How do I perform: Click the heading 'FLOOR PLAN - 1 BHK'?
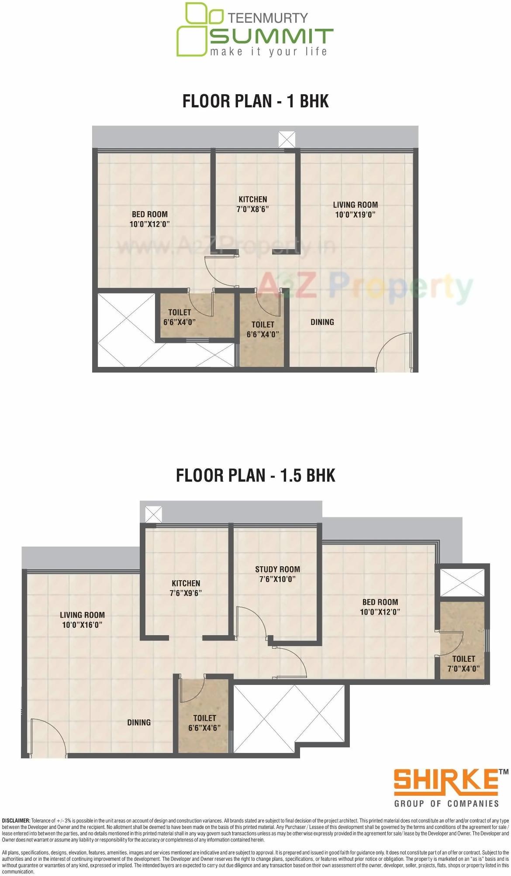255,101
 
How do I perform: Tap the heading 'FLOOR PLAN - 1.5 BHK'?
255,476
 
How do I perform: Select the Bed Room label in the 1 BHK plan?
150,219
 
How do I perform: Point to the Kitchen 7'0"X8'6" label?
252,204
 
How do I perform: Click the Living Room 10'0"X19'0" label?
355,209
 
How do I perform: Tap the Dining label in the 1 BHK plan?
322,322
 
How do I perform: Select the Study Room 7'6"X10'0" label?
277,574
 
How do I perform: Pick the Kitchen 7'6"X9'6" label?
186,588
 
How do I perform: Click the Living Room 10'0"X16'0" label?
82,619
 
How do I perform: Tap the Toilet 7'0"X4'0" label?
463,664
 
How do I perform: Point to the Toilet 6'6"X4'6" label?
204,723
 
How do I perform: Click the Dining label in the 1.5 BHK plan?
139,722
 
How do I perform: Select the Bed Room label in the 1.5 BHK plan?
380,607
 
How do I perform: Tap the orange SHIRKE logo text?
445,783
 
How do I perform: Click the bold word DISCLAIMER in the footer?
16,821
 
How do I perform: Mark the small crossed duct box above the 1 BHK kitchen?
287,140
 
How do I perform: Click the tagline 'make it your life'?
268,52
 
